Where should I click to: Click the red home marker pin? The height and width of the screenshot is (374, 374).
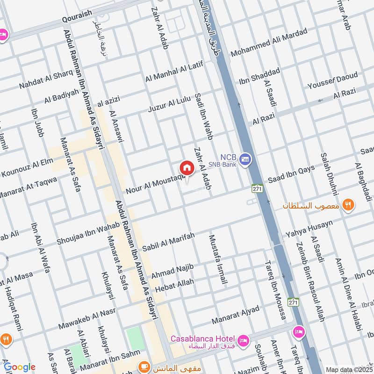(x=186, y=168)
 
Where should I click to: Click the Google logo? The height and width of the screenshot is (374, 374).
(x=20, y=367)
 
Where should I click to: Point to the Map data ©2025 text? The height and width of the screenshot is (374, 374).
(x=349, y=369)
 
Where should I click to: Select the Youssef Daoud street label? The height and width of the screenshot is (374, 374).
(x=332, y=81)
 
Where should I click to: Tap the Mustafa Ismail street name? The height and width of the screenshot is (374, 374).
(x=218, y=259)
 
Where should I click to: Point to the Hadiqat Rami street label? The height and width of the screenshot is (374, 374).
(x=14, y=306)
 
